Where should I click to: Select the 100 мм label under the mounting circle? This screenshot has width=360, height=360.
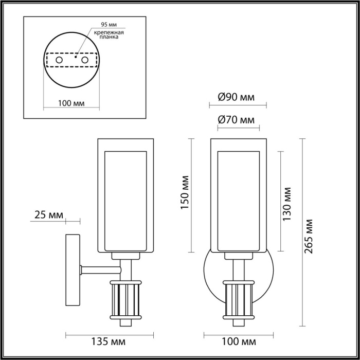(71, 103)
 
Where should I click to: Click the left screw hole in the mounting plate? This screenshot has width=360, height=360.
(59, 61)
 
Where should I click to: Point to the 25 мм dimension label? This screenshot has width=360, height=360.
(46, 215)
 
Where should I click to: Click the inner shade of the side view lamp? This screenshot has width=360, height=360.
(125, 201)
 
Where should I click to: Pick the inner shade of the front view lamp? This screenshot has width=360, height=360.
(238, 201)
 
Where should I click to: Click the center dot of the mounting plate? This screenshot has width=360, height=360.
(76, 58)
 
